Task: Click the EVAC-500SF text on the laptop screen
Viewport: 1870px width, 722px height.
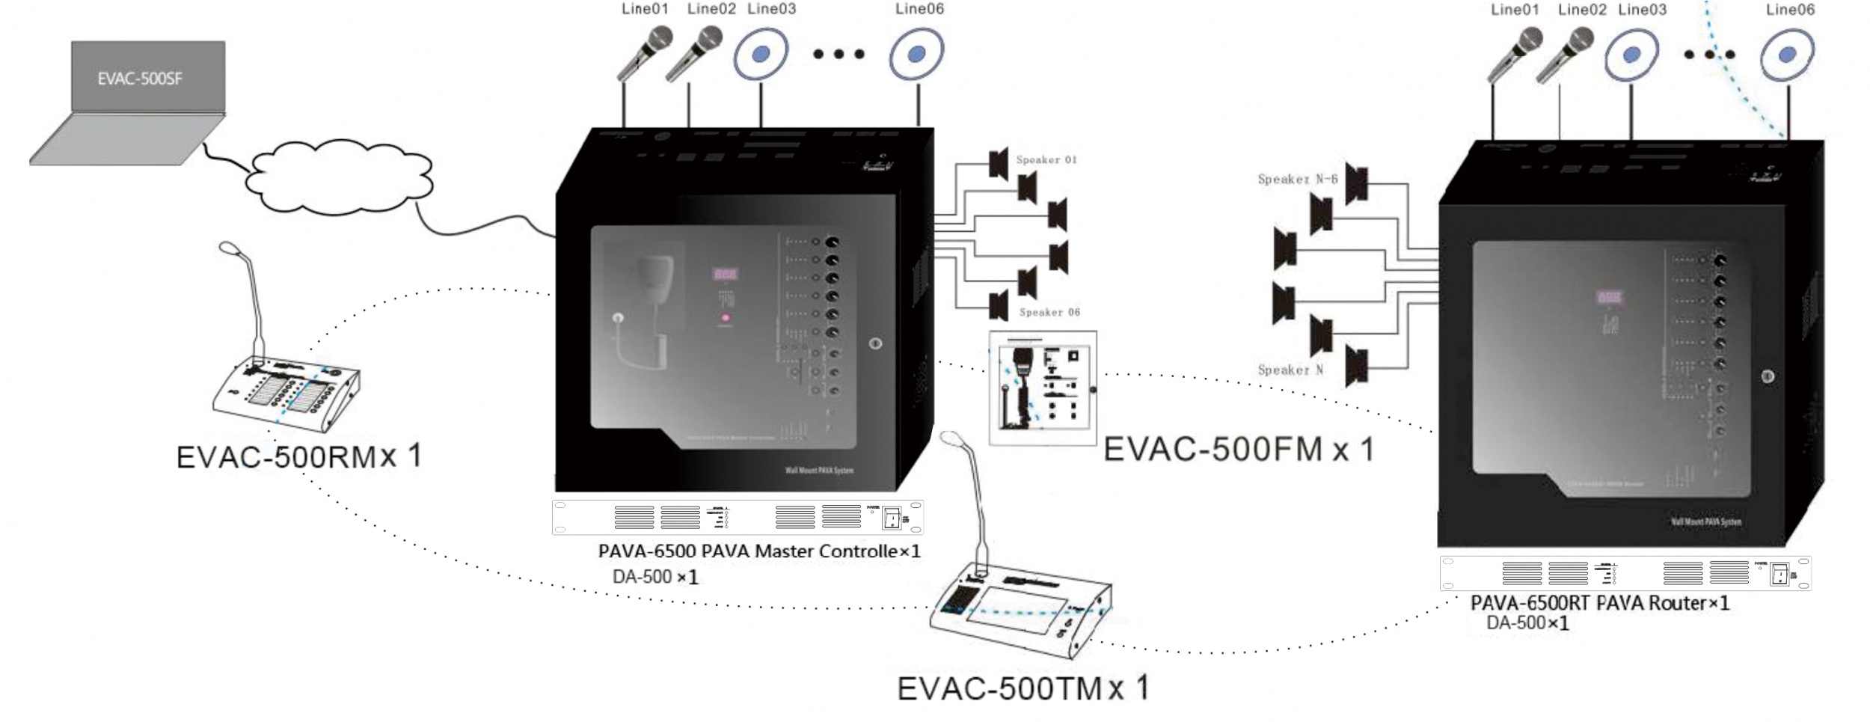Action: tap(140, 79)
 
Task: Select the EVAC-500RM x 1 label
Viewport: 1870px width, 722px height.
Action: tap(298, 456)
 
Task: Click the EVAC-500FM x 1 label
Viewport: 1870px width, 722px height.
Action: tap(1238, 449)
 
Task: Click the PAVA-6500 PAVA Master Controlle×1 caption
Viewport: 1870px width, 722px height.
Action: tap(758, 551)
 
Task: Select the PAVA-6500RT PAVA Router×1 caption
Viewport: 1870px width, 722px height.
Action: tap(1599, 603)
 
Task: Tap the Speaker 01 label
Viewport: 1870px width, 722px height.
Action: tap(1046, 159)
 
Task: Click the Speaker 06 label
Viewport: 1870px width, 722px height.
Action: tap(1049, 312)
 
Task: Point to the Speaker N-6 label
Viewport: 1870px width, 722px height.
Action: tap(1297, 179)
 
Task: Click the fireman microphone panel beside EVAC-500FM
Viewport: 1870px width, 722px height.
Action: tap(1043, 388)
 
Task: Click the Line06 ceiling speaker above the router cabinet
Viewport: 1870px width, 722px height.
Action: tap(1787, 54)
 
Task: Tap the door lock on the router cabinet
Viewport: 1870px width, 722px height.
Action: tap(1768, 376)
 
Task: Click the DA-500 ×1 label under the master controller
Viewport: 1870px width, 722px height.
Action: tap(655, 577)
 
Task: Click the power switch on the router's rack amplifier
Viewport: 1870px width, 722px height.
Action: tap(1781, 575)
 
